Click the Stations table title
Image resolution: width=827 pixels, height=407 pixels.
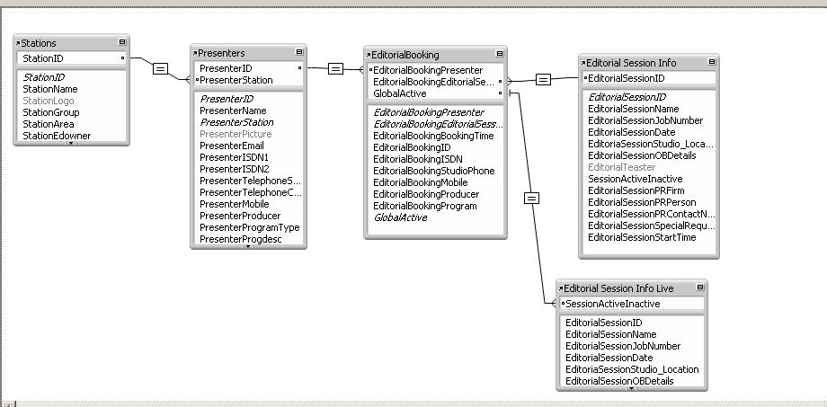click(40, 43)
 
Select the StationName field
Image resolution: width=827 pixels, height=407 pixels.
click(50, 89)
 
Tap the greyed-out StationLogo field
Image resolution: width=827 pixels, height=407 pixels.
click(49, 101)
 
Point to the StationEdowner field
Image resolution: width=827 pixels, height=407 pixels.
click(57, 136)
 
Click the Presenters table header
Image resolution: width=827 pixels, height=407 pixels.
click(222, 53)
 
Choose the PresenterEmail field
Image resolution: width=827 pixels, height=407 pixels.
click(232, 146)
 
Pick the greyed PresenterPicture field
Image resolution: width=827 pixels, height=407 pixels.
click(236, 134)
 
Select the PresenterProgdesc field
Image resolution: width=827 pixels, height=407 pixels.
click(240, 239)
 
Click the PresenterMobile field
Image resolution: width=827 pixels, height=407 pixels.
click(235, 204)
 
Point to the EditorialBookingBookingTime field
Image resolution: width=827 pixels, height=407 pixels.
click(433, 136)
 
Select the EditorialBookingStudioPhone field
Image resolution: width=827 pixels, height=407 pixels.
click(433, 171)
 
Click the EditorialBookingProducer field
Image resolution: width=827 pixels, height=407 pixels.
click(426, 194)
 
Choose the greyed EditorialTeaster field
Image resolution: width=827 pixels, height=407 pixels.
click(621, 167)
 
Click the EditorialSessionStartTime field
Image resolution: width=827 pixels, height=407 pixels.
click(642, 237)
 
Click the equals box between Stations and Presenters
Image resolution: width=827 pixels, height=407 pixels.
click(160, 68)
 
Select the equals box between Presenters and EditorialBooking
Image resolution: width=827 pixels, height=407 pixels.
click(335, 68)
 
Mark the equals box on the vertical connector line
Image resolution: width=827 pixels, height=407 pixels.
click(531, 198)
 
